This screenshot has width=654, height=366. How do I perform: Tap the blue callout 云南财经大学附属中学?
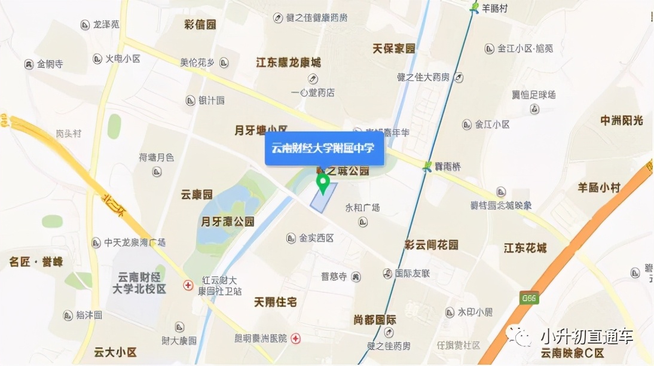[x=324, y=148]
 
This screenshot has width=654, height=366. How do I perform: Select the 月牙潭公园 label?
[x=228, y=221]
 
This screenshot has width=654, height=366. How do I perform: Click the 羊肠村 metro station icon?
[x=475, y=8]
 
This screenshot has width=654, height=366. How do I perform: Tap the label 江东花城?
[x=525, y=248]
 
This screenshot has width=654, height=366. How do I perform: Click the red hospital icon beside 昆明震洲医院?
[x=296, y=339]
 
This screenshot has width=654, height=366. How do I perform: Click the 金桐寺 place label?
[x=50, y=64]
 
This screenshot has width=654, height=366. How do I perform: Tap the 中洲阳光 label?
[x=622, y=120]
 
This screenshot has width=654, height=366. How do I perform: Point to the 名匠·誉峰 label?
[x=36, y=261]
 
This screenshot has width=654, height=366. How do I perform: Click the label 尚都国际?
[x=375, y=319]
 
